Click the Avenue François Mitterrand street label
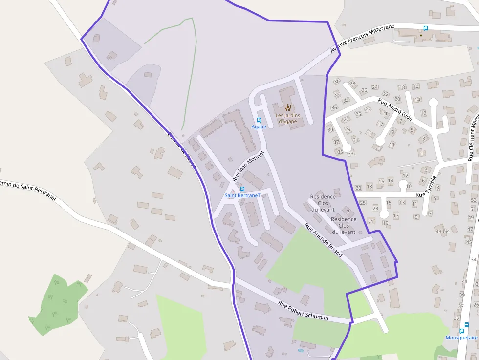point(362,39)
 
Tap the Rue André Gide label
point(395,110)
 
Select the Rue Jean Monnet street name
point(248,166)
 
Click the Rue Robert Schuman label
point(303,311)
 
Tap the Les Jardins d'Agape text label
point(287,118)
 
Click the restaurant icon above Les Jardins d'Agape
point(287,107)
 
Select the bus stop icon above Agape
point(259,120)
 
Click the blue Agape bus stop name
point(259,127)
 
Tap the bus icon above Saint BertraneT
point(242,189)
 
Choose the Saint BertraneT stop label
point(242,195)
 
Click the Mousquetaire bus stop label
point(461,338)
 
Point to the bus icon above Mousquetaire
point(466,324)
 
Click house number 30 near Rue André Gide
point(337,82)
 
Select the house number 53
point(473,200)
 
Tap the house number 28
point(352,84)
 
